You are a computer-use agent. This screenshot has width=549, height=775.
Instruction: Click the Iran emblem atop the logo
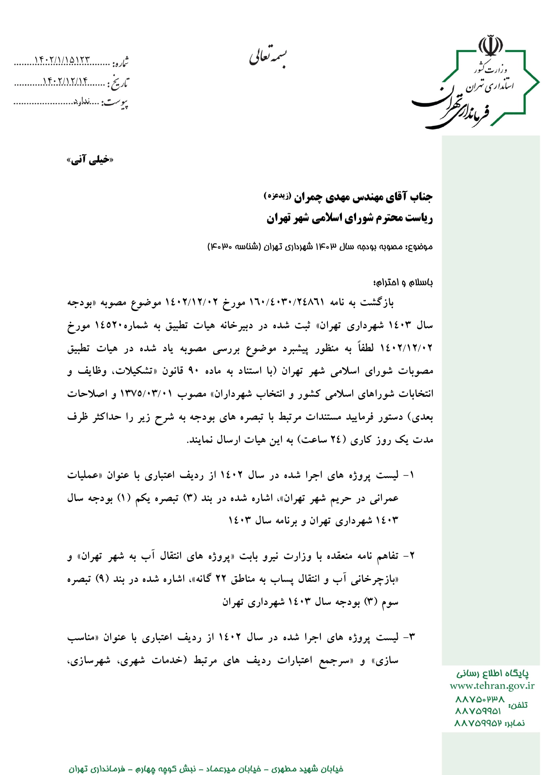[x=491, y=46]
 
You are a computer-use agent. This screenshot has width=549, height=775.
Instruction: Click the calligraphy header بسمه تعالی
[x=268, y=57]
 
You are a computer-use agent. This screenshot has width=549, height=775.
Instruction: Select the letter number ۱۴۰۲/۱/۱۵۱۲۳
[x=62, y=60]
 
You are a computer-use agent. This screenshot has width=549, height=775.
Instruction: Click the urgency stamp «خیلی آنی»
[x=90, y=160]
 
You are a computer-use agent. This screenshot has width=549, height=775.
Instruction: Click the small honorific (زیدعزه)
[x=277, y=195]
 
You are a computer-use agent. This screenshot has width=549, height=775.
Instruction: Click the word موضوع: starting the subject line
[x=419, y=247]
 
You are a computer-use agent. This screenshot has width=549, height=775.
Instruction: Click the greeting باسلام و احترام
[x=403, y=282]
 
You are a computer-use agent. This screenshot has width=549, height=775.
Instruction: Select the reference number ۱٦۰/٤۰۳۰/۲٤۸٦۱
[x=287, y=303]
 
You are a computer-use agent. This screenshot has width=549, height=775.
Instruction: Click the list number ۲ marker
[x=412, y=555]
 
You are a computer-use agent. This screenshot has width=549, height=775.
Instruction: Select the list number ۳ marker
[x=412, y=637]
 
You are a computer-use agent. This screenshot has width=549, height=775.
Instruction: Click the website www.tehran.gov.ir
[x=492, y=686]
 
